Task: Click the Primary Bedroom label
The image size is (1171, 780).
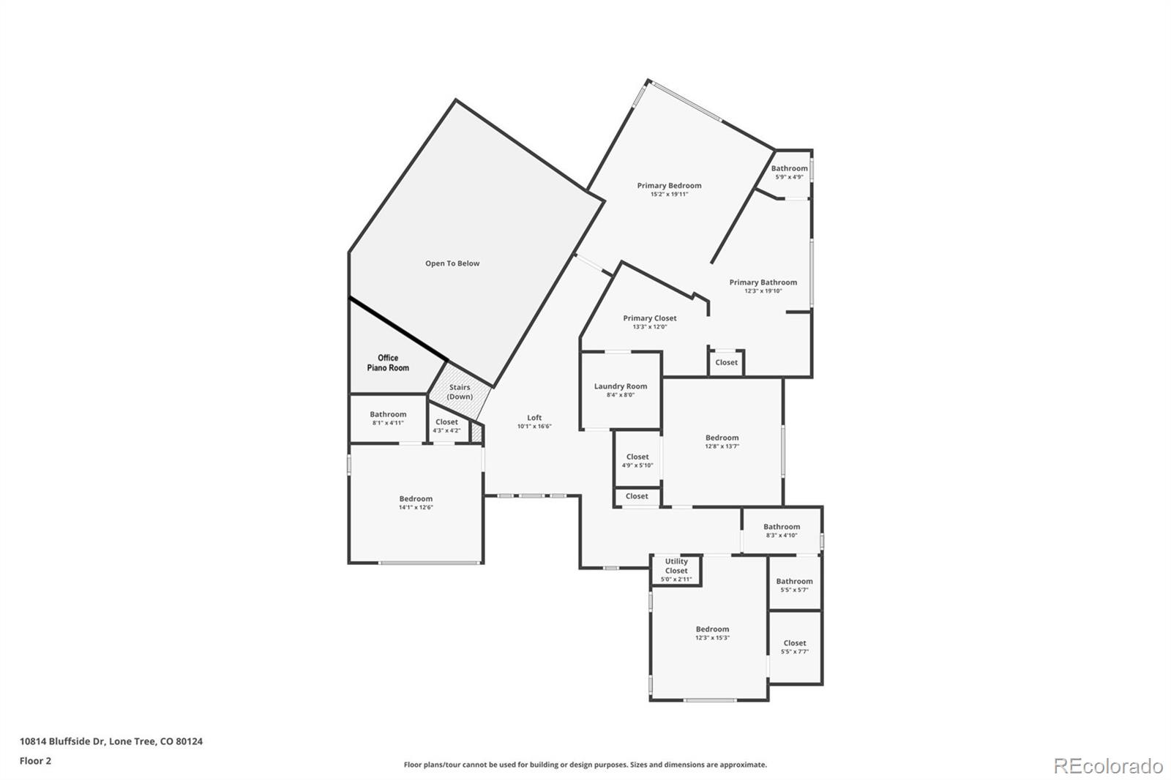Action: [x=669, y=186]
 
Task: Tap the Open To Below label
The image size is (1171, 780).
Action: [x=452, y=263]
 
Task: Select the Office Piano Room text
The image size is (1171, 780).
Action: [x=388, y=363]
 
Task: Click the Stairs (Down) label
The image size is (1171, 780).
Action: [x=460, y=392]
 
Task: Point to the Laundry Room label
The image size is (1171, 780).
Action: [x=621, y=386]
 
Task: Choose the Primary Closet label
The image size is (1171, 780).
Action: [x=650, y=318]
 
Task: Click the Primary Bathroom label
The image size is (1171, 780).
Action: [x=763, y=282]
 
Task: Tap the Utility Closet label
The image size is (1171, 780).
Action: [x=676, y=566]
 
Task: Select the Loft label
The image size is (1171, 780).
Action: [x=534, y=418]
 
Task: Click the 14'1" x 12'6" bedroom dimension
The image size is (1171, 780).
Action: [x=416, y=507]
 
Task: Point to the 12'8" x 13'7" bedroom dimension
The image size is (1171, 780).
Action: [x=722, y=446]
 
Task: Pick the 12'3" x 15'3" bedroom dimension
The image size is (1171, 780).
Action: [x=712, y=637]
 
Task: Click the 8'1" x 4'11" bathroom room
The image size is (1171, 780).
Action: [x=388, y=419]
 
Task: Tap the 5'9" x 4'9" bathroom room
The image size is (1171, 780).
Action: [x=789, y=173]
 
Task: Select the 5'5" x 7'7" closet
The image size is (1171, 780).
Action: [x=795, y=648]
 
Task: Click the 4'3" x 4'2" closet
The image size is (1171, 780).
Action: [x=446, y=426]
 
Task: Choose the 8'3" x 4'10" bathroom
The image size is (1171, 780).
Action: [x=782, y=530]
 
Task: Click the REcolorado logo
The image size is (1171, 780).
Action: [x=1108, y=765]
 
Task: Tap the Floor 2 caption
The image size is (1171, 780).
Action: [x=35, y=761]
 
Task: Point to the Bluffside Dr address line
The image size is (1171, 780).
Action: [x=111, y=741]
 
